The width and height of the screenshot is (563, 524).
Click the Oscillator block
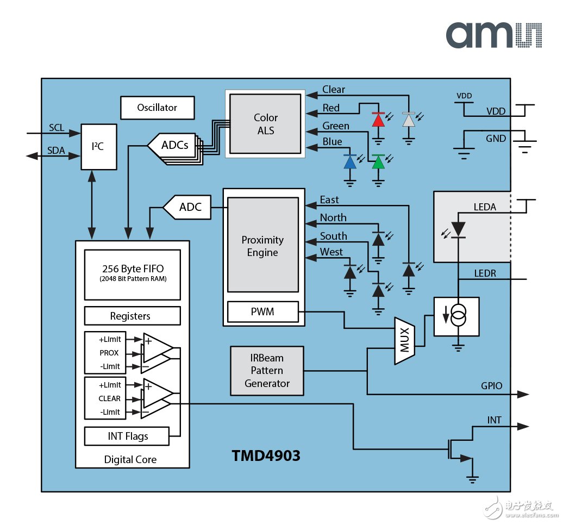157,108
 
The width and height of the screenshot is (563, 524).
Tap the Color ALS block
265,124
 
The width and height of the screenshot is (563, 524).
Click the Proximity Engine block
262,246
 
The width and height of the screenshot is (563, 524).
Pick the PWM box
262,312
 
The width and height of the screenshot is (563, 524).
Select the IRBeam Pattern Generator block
267,371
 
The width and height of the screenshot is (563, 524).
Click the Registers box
133,316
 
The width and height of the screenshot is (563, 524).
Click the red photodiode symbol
378,119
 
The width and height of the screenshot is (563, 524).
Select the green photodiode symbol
378,161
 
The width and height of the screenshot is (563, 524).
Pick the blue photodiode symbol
350,161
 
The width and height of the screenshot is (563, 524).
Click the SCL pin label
57,128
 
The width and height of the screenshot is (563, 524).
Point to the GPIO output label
491,386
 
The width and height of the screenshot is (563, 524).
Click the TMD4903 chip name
266,456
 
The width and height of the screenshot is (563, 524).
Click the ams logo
493,35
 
